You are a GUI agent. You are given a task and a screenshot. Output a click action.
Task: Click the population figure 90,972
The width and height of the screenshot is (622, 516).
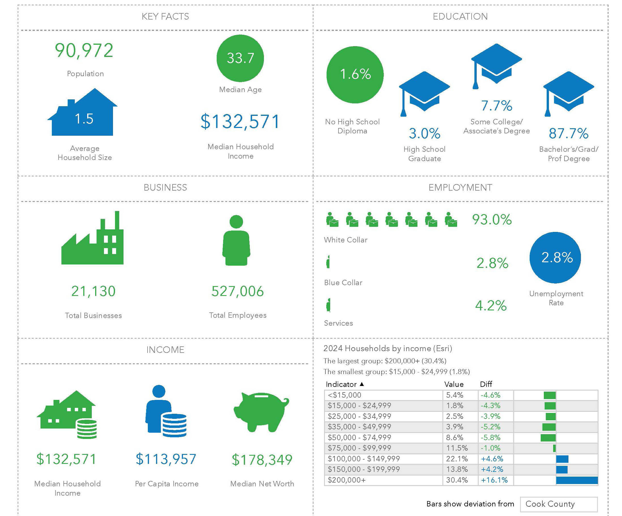pyautogui.click(x=84, y=50)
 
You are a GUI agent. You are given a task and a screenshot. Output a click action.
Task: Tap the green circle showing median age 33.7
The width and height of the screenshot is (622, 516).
pyautogui.click(x=240, y=58)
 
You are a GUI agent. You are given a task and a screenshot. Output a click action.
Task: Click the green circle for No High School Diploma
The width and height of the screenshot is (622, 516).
pyautogui.click(x=355, y=75)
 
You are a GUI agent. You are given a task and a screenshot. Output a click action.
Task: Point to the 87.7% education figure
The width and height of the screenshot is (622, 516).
pyautogui.click(x=568, y=133)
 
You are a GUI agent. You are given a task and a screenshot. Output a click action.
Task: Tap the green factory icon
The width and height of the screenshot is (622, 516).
pyautogui.click(x=92, y=240)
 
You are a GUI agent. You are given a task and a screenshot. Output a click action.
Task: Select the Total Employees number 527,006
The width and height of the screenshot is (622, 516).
pyautogui.click(x=238, y=291)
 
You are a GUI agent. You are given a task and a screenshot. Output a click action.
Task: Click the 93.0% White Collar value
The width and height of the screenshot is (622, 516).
pyautogui.click(x=492, y=220)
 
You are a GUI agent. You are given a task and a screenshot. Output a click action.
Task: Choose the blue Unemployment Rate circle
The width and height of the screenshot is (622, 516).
pyautogui.click(x=555, y=257)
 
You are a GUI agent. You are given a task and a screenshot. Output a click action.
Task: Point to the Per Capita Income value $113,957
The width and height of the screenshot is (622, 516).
pyautogui.click(x=166, y=459)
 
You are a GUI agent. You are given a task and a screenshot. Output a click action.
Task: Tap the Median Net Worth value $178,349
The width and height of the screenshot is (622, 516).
pyautogui.click(x=262, y=460)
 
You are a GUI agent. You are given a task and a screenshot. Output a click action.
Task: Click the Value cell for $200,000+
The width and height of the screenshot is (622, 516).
pyautogui.click(x=457, y=480)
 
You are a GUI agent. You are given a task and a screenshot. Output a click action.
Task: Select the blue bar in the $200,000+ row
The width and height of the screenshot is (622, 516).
pyautogui.click(x=577, y=480)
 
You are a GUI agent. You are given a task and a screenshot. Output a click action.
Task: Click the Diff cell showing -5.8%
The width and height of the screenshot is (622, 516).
pyautogui.click(x=490, y=438)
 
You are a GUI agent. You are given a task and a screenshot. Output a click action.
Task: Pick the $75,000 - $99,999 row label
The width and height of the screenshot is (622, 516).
pyautogui.click(x=359, y=448)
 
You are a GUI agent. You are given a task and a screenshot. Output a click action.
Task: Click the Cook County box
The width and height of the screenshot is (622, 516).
pyautogui.click(x=559, y=504)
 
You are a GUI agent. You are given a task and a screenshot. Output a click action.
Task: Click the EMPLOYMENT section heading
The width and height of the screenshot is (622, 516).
pyautogui.click(x=460, y=188)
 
